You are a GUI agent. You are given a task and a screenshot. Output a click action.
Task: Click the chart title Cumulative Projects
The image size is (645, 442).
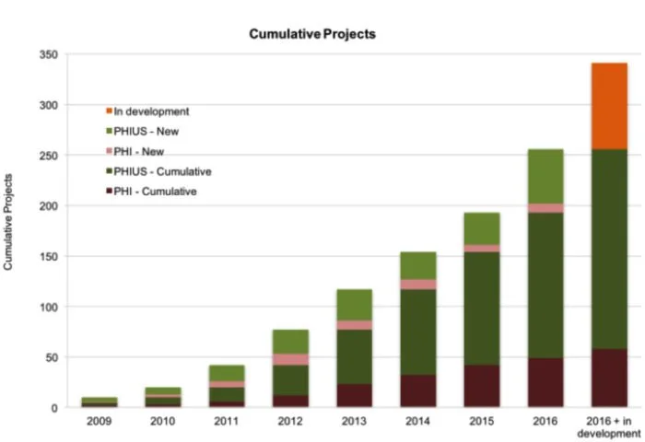point(312,34)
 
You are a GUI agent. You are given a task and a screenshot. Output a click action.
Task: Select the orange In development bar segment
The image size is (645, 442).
point(608,106)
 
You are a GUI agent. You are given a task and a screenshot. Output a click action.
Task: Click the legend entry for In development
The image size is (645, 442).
point(152,111)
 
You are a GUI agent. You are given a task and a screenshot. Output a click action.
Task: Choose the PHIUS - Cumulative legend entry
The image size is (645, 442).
point(163,171)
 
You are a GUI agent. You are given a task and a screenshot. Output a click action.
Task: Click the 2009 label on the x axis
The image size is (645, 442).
point(99,421)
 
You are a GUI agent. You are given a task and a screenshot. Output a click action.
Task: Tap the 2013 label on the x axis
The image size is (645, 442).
point(354,421)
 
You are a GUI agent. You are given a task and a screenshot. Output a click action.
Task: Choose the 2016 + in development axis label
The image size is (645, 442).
point(608,426)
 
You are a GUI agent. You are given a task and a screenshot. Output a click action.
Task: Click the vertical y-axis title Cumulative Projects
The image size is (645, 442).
point(9,221)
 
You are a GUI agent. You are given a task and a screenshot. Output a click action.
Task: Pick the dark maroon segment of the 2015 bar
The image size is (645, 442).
point(481,386)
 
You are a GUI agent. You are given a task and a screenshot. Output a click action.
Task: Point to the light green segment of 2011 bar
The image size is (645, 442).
point(227,373)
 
